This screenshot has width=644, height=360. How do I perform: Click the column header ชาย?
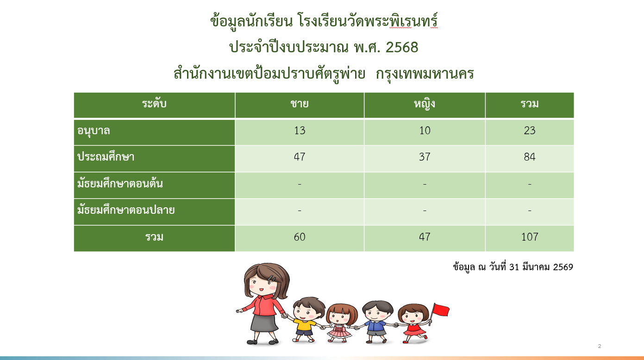pyautogui.click(x=299, y=104)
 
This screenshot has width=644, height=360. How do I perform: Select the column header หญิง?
pyautogui.click(x=425, y=104)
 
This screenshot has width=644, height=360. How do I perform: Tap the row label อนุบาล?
pyautogui.click(x=94, y=131)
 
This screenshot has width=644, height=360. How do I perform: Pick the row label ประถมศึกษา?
pyautogui.click(x=106, y=157)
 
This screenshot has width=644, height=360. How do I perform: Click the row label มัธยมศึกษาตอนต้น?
pyautogui.click(x=120, y=183)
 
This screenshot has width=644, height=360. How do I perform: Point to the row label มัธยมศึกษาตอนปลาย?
pyautogui.click(x=125, y=210)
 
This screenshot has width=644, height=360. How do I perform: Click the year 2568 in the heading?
pyautogui.click(x=402, y=47)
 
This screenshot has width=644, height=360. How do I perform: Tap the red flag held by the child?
pyautogui.click(x=441, y=310)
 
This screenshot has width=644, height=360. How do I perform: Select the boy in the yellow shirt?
pyautogui.click(x=305, y=319)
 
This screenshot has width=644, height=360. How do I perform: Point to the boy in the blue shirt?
pyautogui.click(x=376, y=322)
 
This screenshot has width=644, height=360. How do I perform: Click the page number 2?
pyautogui.click(x=600, y=346)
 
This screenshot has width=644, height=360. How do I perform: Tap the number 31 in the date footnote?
pyautogui.click(x=514, y=267)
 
